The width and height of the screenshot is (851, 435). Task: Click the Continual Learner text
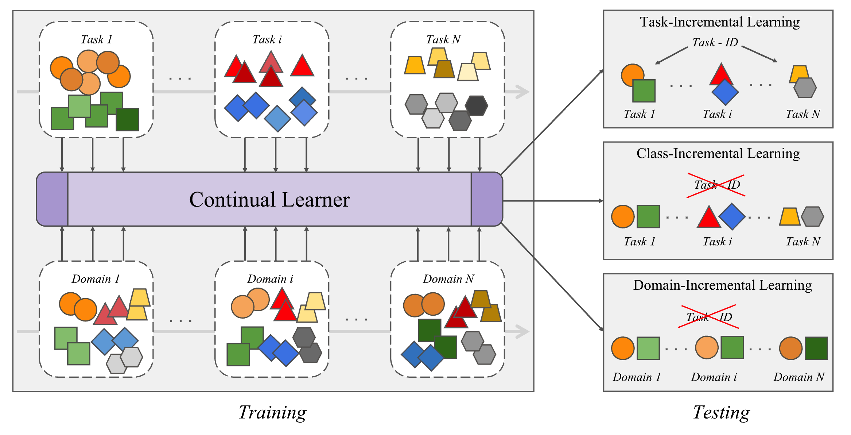coord(269,200)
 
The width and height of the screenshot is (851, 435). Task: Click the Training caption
coord(272,412)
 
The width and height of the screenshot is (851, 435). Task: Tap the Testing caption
coord(721,412)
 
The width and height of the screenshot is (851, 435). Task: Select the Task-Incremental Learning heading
coord(720,22)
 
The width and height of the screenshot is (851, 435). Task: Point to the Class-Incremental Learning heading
coord(718,154)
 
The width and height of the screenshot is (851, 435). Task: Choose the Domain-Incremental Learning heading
coord(722,285)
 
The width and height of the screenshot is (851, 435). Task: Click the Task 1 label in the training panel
coord(96,39)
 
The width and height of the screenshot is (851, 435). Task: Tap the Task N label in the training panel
coord(443,39)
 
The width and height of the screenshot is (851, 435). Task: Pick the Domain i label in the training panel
coord(270,279)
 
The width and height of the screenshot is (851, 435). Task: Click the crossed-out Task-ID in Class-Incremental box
coord(716,185)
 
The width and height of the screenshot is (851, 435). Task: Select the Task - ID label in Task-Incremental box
coord(715,43)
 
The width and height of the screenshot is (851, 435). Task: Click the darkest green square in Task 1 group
coord(127,119)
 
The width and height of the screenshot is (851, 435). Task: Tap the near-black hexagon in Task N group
coord(476,105)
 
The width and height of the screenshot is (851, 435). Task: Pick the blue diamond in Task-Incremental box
coord(725,92)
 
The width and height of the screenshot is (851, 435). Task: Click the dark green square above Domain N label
coord(816,348)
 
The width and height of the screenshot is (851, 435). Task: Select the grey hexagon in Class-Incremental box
coord(812,216)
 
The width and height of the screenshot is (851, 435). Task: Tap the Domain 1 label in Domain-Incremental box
coord(637,377)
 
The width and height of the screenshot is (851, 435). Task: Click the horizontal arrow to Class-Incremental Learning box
coord(552,201)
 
